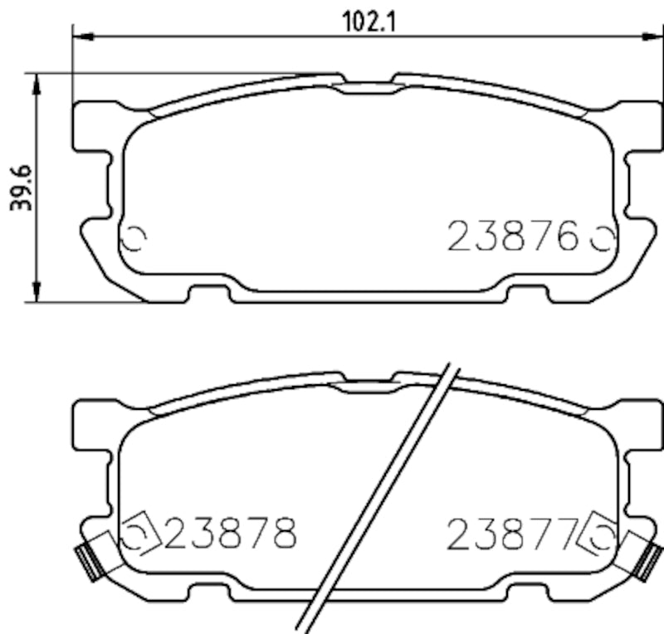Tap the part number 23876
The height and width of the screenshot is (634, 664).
point(513,237)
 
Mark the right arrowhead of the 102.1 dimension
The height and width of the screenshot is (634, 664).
point(653,36)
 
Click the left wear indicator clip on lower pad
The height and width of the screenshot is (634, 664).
point(85,560)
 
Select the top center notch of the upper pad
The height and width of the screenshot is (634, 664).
point(369,83)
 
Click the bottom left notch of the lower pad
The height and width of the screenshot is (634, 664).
point(208,591)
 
